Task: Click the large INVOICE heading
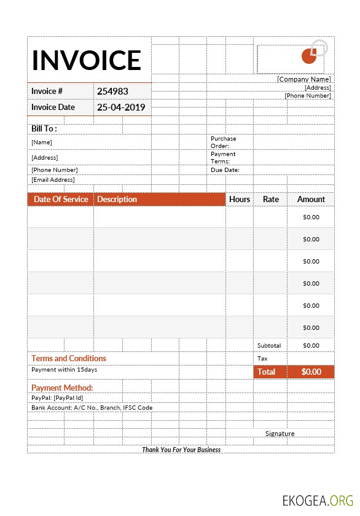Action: coord(87,60)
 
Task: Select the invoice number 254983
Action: coord(112,91)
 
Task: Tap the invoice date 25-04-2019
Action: coord(121,107)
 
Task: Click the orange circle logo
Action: coord(309,56)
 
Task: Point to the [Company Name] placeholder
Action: coord(303,79)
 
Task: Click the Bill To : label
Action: coord(44,129)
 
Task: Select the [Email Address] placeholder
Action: coord(53,180)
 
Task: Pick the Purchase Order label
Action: coord(223,142)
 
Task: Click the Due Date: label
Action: coord(225,170)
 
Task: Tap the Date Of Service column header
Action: coord(61,199)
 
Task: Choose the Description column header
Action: coord(117,199)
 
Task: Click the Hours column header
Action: coord(240,199)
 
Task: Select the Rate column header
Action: coord(270,199)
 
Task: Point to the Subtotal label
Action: coord(269,346)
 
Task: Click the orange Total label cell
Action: coord(266,372)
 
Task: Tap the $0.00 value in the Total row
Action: coord(311,372)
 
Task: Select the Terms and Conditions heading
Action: coord(69,358)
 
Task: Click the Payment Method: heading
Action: coord(62,388)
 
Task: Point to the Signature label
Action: coord(280,434)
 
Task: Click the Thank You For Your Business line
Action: coord(181,450)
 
